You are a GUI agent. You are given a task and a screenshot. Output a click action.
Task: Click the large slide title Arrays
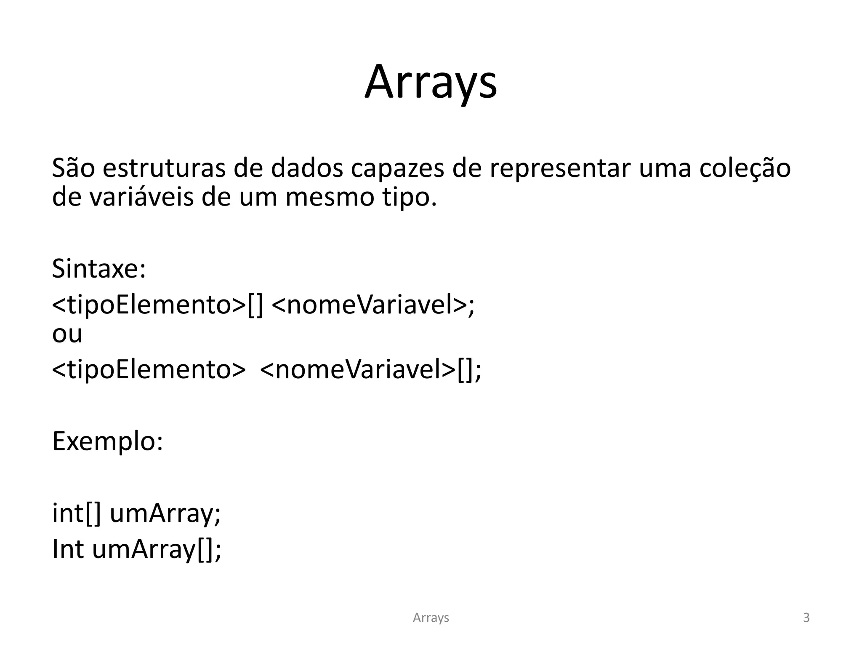click(x=431, y=82)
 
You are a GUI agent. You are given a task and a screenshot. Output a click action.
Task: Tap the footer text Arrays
click(x=431, y=618)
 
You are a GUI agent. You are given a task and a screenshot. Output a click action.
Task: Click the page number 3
click(x=806, y=618)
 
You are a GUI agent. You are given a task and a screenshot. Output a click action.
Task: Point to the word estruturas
click(x=164, y=168)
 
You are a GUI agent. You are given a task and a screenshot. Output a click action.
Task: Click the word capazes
click(x=397, y=168)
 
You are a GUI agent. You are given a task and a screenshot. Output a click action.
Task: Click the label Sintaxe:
click(x=99, y=268)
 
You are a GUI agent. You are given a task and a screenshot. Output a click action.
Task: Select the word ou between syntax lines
click(x=67, y=334)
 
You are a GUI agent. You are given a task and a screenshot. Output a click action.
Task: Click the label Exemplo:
click(x=107, y=442)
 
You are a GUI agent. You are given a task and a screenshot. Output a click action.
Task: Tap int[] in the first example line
click(x=77, y=513)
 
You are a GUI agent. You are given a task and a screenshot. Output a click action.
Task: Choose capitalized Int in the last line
click(x=68, y=549)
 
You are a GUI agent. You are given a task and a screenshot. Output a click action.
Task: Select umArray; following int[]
click(x=165, y=514)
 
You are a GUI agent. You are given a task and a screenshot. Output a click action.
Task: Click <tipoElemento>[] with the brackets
click(x=157, y=305)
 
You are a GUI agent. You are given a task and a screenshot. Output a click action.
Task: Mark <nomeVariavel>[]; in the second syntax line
click(x=370, y=369)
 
